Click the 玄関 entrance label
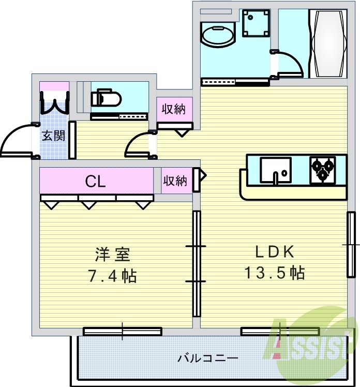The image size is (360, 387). (x=53, y=136)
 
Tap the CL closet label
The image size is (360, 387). (x=96, y=181)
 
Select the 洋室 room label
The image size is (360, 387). (x=112, y=255)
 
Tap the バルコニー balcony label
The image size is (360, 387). (x=207, y=358)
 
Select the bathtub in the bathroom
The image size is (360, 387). (x=328, y=43)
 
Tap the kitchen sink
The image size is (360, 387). (x=275, y=169)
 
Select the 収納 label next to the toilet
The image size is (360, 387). (x=173, y=109)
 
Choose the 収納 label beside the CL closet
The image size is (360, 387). (x=175, y=181)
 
